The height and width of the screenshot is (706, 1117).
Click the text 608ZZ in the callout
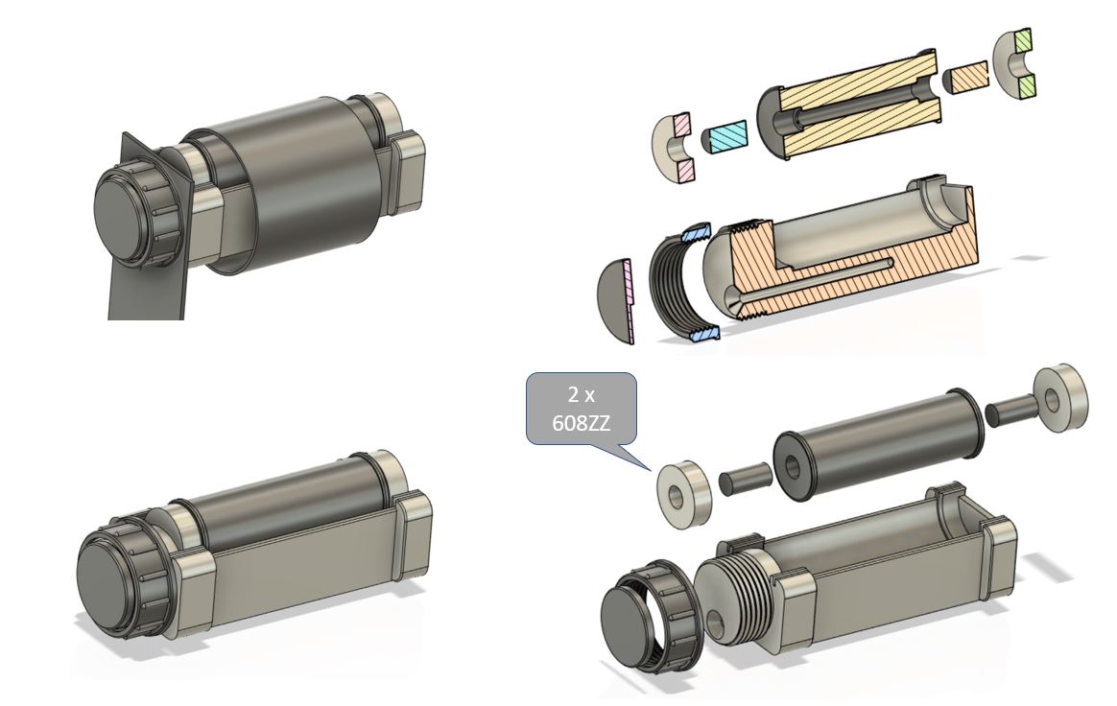581,423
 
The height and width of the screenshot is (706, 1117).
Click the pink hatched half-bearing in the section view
674,148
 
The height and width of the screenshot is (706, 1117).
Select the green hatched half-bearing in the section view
1015,73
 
